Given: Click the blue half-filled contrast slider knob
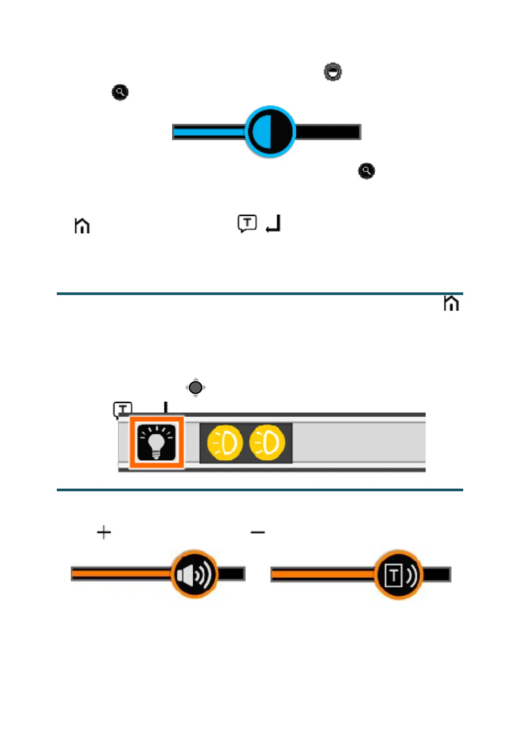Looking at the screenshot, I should pos(270,132).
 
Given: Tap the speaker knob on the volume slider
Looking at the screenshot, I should pos(194,574).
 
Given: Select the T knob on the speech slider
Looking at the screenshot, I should pos(399,575).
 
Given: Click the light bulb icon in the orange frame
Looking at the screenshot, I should pos(156,442).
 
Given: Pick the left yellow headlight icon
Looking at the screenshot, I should pos(225,443).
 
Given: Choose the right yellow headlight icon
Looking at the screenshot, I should pos(267,443).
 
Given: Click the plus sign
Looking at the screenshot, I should pos(104,532).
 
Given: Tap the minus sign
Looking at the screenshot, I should pos(258,532).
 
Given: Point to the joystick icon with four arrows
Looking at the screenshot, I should pos(195,387).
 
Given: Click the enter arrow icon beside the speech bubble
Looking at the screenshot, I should pos(274,223).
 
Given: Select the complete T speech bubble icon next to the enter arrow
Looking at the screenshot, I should pos(247,223).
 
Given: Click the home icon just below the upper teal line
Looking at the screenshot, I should pos(451,303).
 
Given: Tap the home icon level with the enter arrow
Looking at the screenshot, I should pos(82,226).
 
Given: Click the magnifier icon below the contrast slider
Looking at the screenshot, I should pos(366,171).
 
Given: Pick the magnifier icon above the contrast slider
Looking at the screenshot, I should pos(120,92).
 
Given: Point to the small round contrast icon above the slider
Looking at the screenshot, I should pos(333,72).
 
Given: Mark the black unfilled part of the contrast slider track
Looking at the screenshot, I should pos(328,132).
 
